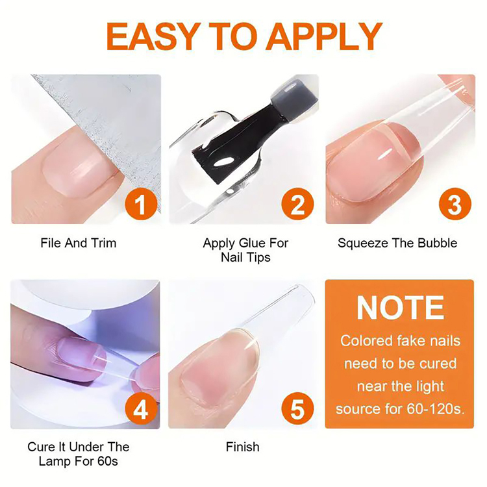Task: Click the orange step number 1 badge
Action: click(141, 204)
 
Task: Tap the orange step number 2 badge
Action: click(297, 204)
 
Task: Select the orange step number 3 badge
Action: click(455, 204)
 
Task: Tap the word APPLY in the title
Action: click(324, 36)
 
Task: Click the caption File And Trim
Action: click(79, 243)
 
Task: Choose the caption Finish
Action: click(243, 447)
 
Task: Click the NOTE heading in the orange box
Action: click(400, 308)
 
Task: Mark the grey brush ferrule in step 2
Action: click(294, 98)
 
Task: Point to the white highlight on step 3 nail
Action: click(386, 154)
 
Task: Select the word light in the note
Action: click(431, 387)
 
